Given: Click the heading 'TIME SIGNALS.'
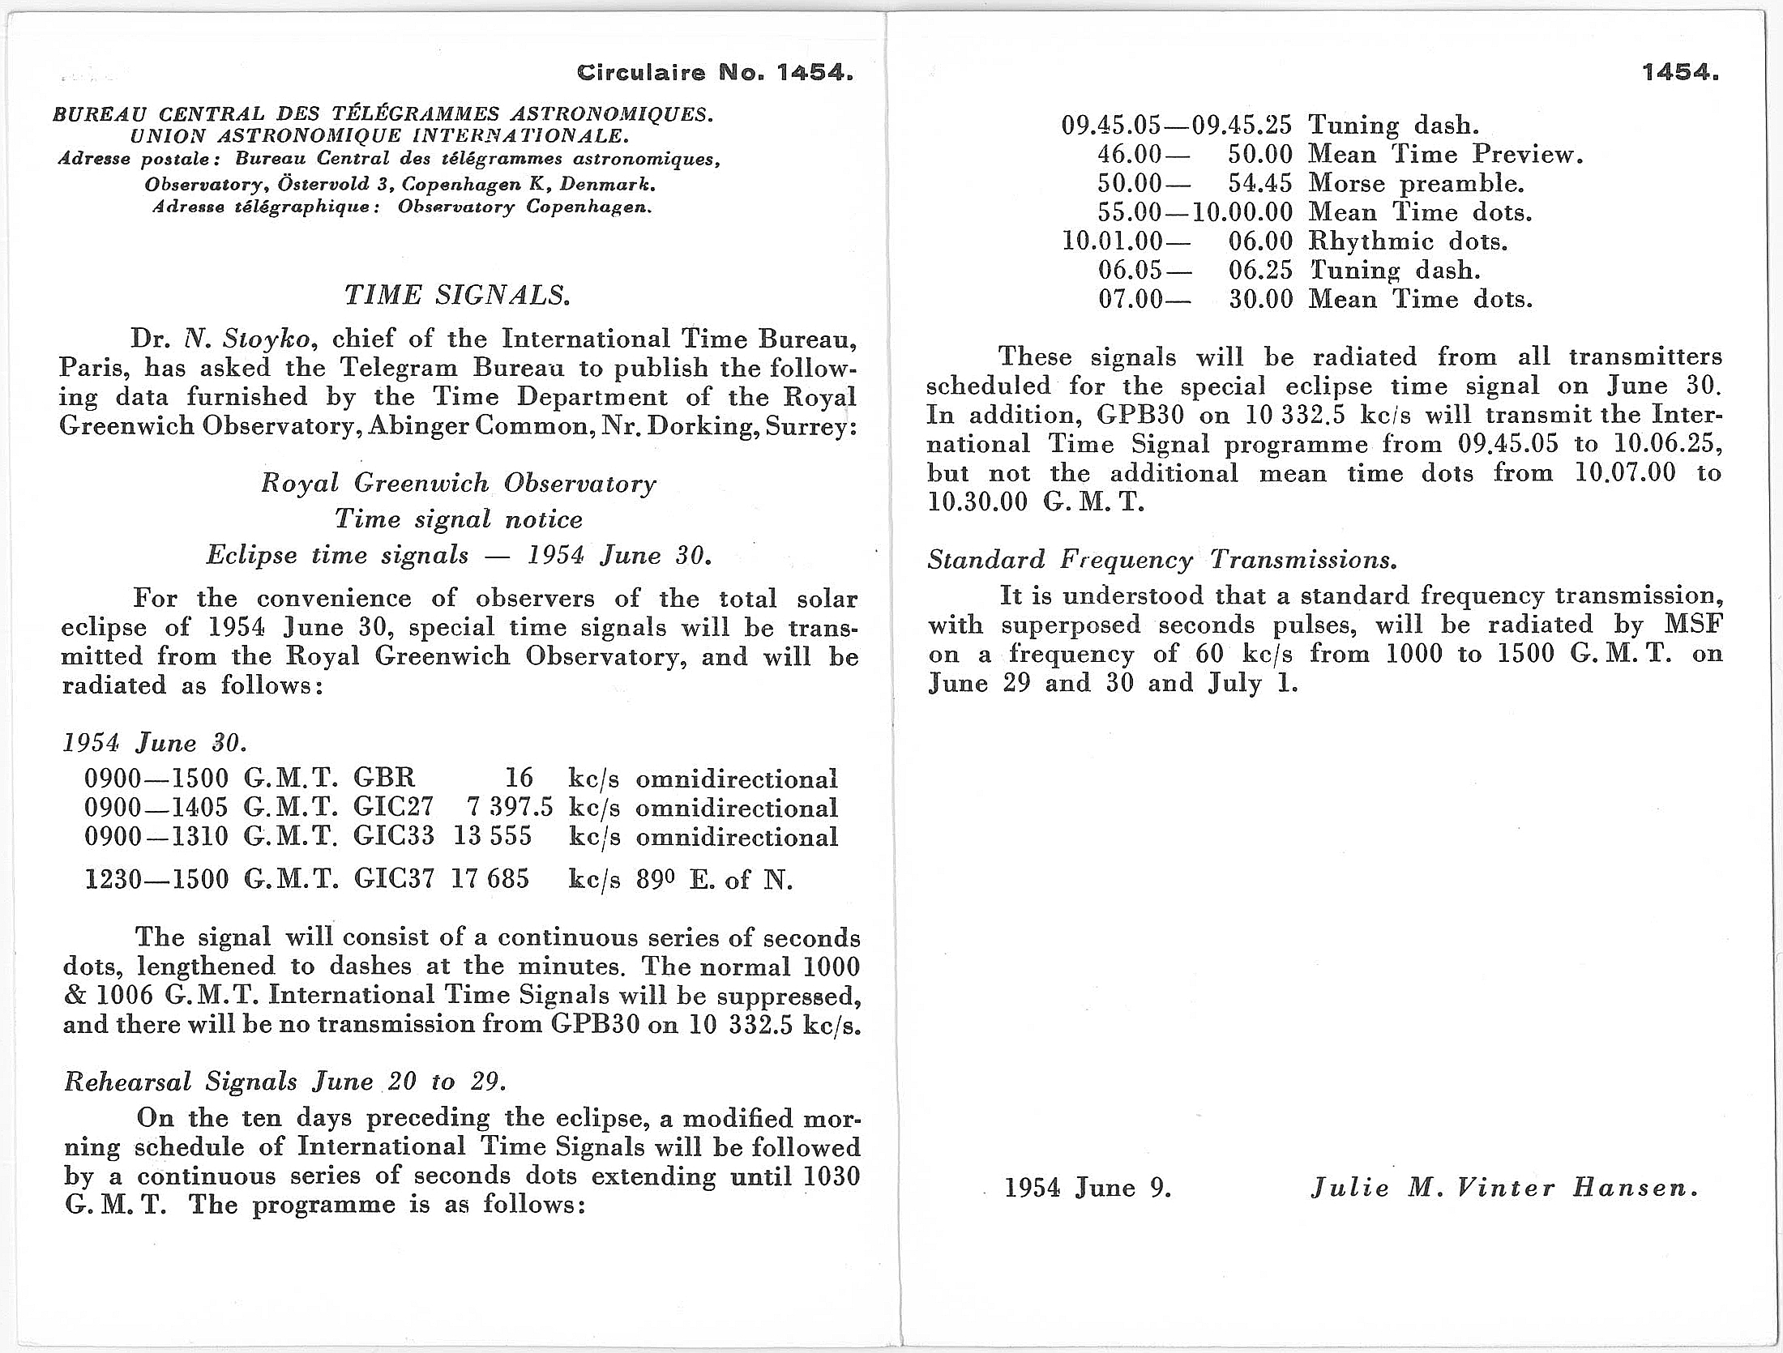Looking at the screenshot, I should (457, 295).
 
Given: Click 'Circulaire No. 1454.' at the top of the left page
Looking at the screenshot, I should (715, 74).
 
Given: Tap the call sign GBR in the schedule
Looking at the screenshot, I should (384, 779).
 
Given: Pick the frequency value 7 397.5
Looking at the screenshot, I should (510, 808).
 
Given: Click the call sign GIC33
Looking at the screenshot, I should (393, 836).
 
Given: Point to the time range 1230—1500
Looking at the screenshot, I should (157, 879).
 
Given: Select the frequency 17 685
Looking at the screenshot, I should (490, 879).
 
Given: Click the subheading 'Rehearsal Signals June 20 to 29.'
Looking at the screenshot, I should (285, 1082).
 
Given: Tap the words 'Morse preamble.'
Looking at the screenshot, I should (1416, 183).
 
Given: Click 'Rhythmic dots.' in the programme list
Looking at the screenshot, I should (1408, 241).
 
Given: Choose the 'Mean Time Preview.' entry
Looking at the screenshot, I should (1445, 154).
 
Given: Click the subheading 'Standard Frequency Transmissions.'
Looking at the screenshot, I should (1162, 560).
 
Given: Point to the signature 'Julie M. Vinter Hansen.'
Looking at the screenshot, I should (1504, 1189).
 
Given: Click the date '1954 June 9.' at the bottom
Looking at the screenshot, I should (1088, 1189).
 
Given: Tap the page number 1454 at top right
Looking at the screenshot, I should (1680, 73).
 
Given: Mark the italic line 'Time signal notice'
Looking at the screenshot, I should (459, 519).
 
